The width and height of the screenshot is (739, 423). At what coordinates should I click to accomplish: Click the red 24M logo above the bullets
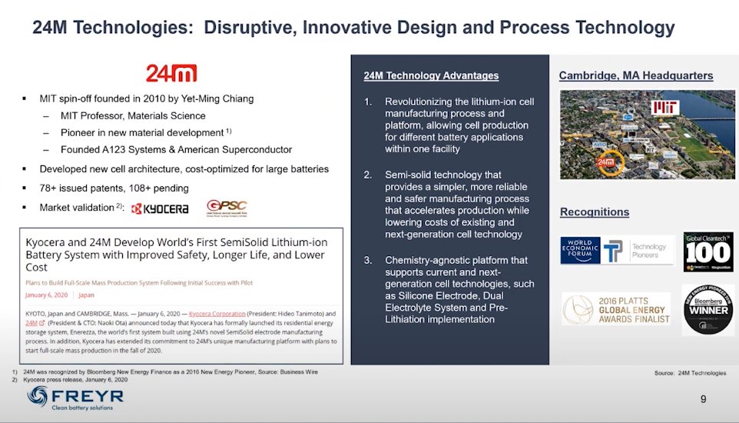(171, 73)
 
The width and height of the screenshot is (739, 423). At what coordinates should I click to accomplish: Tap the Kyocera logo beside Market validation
(160, 208)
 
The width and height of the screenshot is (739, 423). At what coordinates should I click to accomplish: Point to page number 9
(703, 398)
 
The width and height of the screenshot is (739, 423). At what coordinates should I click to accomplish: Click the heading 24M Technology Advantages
(431, 75)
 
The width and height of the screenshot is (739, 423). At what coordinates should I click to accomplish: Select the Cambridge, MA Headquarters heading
(635, 75)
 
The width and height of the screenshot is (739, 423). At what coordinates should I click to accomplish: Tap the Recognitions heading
(594, 211)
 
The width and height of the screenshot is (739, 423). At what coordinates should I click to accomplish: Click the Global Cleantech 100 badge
(708, 251)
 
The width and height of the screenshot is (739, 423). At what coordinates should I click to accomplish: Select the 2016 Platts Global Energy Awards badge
(615, 308)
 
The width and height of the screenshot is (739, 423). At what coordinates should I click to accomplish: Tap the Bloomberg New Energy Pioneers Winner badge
(708, 309)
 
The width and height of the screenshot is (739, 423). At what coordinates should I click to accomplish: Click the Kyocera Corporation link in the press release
(217, 314)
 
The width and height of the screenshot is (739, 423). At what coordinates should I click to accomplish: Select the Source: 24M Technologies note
(690, 373)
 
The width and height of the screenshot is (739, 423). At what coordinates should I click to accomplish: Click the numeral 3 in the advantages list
(368, 260)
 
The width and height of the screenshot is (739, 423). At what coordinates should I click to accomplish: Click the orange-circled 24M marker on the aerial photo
(607, 163)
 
